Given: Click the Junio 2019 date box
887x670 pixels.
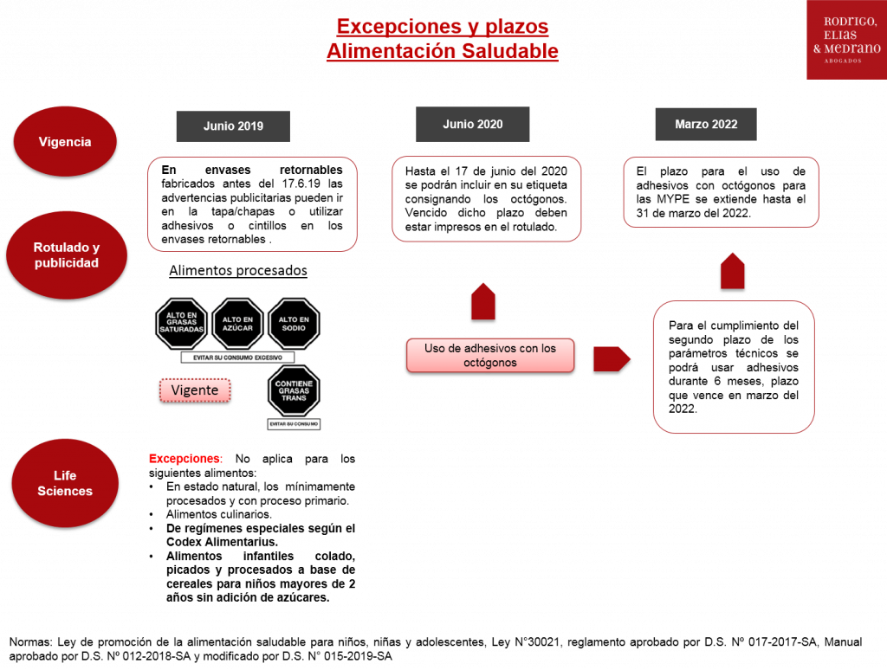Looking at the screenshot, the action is click(233, 126).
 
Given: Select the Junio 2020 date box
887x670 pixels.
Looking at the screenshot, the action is click(472, 124).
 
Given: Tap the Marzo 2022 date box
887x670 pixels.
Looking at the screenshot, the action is click(706, 124).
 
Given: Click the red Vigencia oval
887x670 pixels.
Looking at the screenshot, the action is click(65, 141).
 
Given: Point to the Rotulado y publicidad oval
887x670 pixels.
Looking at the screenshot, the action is click(67, 255).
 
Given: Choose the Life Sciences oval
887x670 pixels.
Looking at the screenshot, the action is click(65, 483).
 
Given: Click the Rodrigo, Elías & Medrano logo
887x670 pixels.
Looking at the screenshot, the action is click(847, 40).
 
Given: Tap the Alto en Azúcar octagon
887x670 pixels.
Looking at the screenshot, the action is click(237, 324).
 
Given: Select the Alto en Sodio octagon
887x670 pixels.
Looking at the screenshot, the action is click(294, 324).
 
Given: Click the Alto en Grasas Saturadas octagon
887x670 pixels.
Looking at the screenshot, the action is click(182, 324).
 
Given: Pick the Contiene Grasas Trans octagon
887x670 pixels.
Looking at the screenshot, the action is click(294, 390).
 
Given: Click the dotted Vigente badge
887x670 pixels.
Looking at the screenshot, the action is click(195, 390).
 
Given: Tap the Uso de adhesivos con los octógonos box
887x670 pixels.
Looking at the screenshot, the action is click(490, 355).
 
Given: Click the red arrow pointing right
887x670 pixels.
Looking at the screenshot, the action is click(612, 359).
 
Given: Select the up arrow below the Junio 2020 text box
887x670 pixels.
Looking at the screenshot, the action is click(483, 301).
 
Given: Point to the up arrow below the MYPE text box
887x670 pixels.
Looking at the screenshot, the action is click(733, 271).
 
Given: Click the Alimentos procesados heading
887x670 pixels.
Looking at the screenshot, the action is click(238, 270).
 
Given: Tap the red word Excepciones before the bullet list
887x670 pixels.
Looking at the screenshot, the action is click(185, 459).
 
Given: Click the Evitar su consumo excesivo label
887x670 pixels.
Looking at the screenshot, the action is click(237, 358).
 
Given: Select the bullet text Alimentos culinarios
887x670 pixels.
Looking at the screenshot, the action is click(219, 514).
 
